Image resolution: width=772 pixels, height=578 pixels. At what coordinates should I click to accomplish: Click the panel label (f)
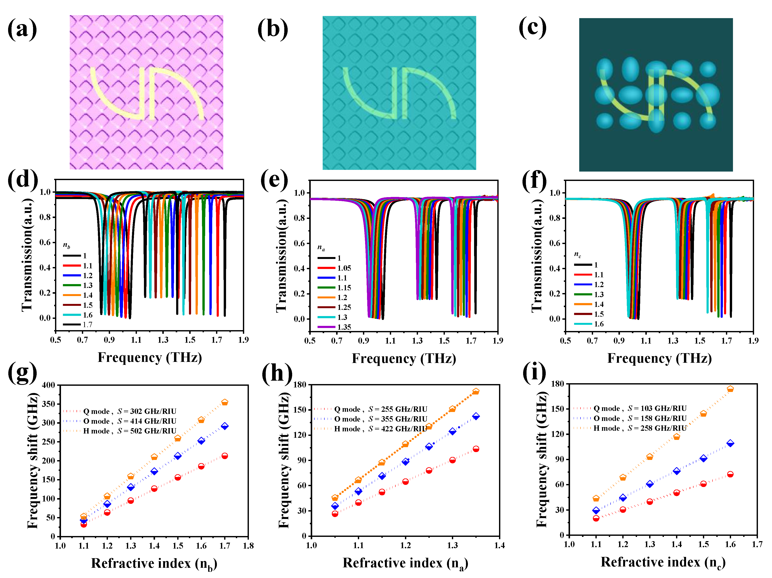point(534,181)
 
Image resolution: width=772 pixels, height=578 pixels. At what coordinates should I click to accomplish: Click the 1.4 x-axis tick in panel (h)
point(499,545)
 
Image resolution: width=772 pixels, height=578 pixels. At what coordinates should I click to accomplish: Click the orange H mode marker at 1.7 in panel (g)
point(225,402)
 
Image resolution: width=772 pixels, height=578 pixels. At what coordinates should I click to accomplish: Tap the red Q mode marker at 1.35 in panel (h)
point(476,449)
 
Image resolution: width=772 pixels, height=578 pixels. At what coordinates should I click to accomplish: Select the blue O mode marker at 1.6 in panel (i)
point(730,443)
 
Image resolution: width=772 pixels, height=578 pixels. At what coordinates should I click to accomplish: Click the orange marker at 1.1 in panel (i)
point(596,499)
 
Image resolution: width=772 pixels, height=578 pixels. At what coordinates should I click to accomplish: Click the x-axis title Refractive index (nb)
point(154,563)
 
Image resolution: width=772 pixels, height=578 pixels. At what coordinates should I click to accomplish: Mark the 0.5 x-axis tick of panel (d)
point(55,340)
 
